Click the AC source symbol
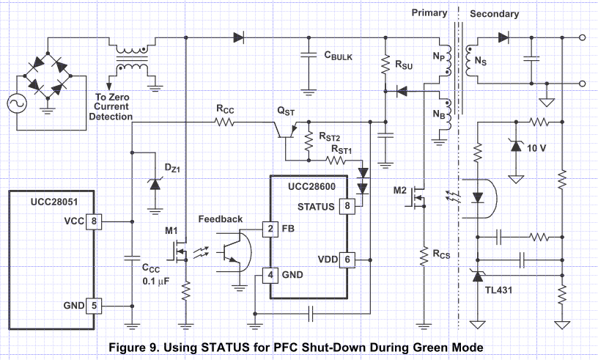pyautogui.click(x=17, y=103)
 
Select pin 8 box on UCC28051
pyautogui.click(x=94, y=221)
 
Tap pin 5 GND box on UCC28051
pyautogui.click(x=94, y=306)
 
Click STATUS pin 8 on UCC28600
pyautogui.click(x=347, y=206)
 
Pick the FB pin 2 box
pyautogui.click(x=270, y=229)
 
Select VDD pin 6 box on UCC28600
pyautogui.click(x=347, y=260)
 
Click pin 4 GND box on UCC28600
pyautogui.click(x=270, y=275)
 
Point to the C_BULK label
pyautogui.click(x=339, y=56)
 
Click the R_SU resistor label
pyautogui.click(x=404, y=65)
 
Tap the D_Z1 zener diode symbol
pyautogui.click(x=155, y=184)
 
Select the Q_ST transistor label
pyautogui.click(x=286, y=111)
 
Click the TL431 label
pyautogui.click(x=498, y=290)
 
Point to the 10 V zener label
pyautogui.click(x=536, y=148)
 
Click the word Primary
pyautogui.click(x=429, y=12)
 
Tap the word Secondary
pyautogui.click(x=494, y=14)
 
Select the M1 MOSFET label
pyautogui.click(x=171, y=231)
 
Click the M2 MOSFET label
pyautogui.click(x=399, y=190)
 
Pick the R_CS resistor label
pyautogui.click(x=441, y=254)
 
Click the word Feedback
pyautogui.click(x=221, y=219)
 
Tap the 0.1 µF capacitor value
pyautogui.click(x=155, y=282)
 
